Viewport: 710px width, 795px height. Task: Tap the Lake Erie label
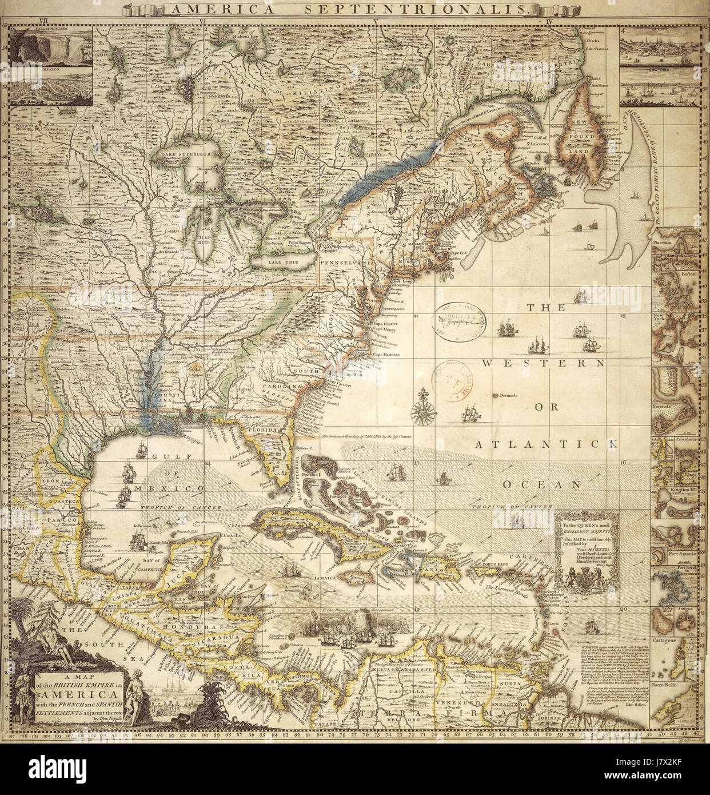click(x=281, y=261)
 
